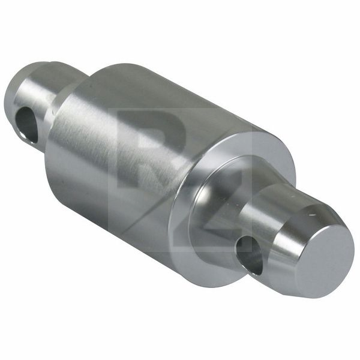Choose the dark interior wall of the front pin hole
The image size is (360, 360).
point(255,257)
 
